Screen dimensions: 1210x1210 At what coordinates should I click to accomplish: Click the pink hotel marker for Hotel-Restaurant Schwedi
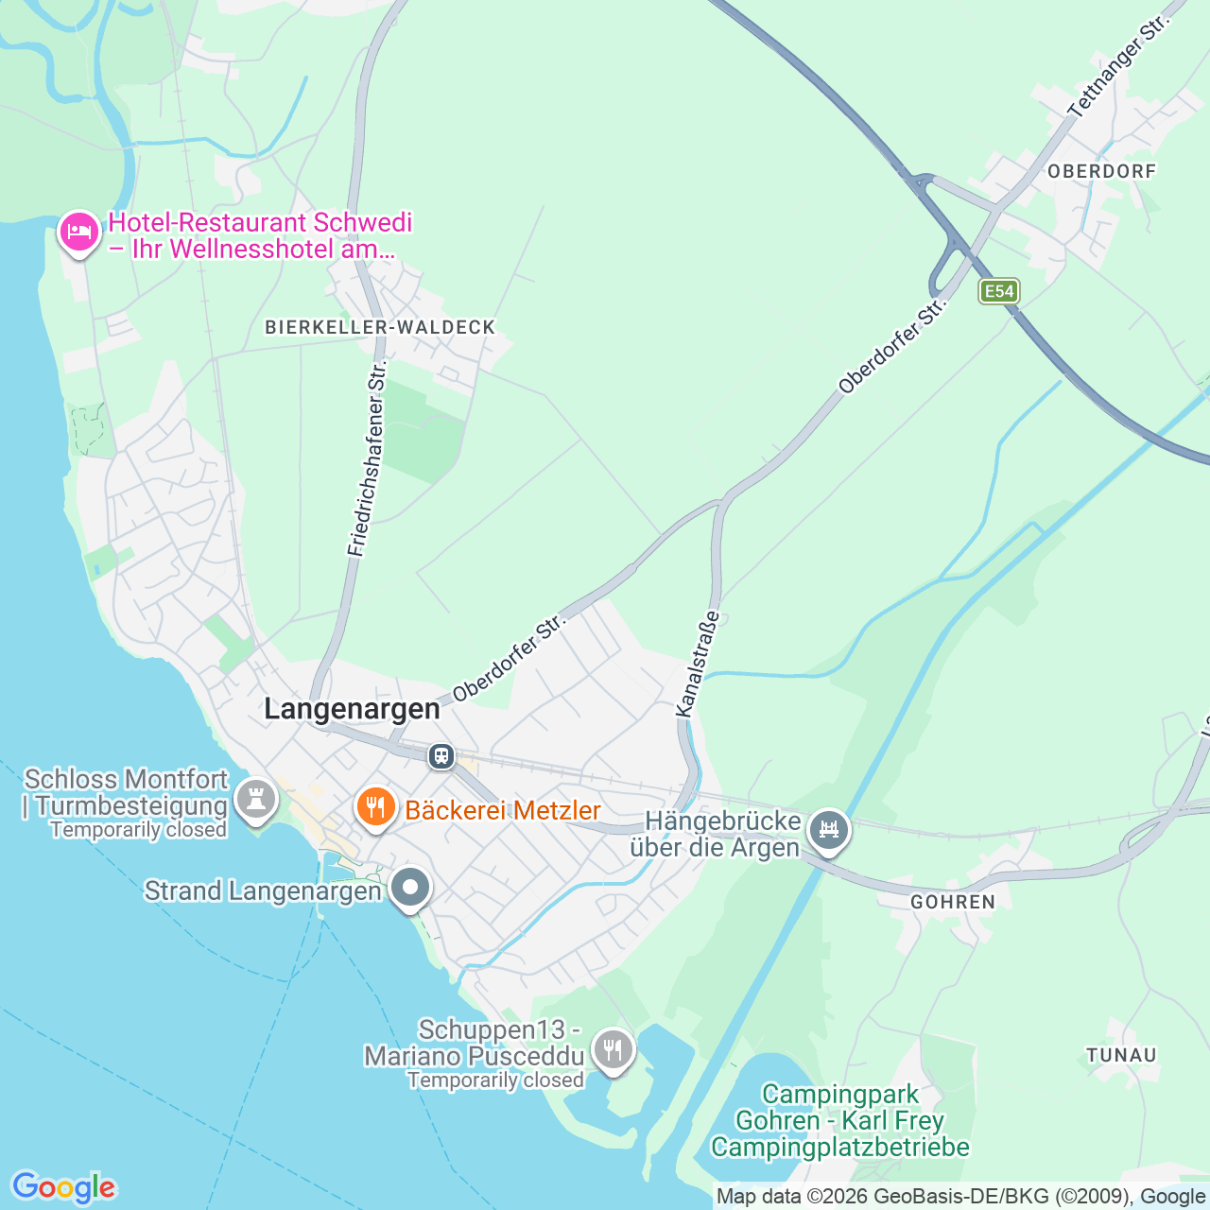[x=79, y=232]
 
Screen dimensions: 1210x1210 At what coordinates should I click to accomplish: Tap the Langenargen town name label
[x=352, y=709]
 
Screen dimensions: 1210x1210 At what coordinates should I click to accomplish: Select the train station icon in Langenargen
[x=441, y=756]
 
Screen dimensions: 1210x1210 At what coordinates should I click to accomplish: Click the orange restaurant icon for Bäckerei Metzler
[x=376, y=808]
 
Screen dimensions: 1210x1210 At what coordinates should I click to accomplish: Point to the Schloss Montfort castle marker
[x=255, y=799]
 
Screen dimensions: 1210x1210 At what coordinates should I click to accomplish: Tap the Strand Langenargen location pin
[x=410, y=888]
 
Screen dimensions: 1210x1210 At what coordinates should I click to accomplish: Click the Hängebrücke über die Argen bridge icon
[x=829, y=830]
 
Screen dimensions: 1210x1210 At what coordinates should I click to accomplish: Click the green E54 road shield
[x=999, y=291]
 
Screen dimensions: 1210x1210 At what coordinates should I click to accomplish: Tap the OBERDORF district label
[x=1101, y=171]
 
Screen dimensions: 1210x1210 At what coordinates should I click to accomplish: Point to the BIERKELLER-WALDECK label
[x=380, y=327]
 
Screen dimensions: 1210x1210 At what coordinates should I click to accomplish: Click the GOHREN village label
[x=953, y=902]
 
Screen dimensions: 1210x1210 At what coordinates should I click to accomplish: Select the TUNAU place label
[x=1121, y=1055]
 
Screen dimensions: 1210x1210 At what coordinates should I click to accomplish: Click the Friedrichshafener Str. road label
[x=368, y=458]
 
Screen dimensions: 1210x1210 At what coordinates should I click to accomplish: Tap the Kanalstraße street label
[x=698, y=664]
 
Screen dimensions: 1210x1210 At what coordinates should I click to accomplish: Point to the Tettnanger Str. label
[x=1118, y=67]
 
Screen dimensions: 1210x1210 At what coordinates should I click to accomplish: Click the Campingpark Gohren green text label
[x=840, y=1121]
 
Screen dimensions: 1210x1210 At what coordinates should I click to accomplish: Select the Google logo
[x=63, y=1187]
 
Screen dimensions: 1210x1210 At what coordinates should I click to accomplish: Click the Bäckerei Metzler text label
[x=503, y=810]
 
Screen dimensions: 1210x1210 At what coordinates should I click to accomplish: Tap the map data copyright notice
[x=960, y=1197]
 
